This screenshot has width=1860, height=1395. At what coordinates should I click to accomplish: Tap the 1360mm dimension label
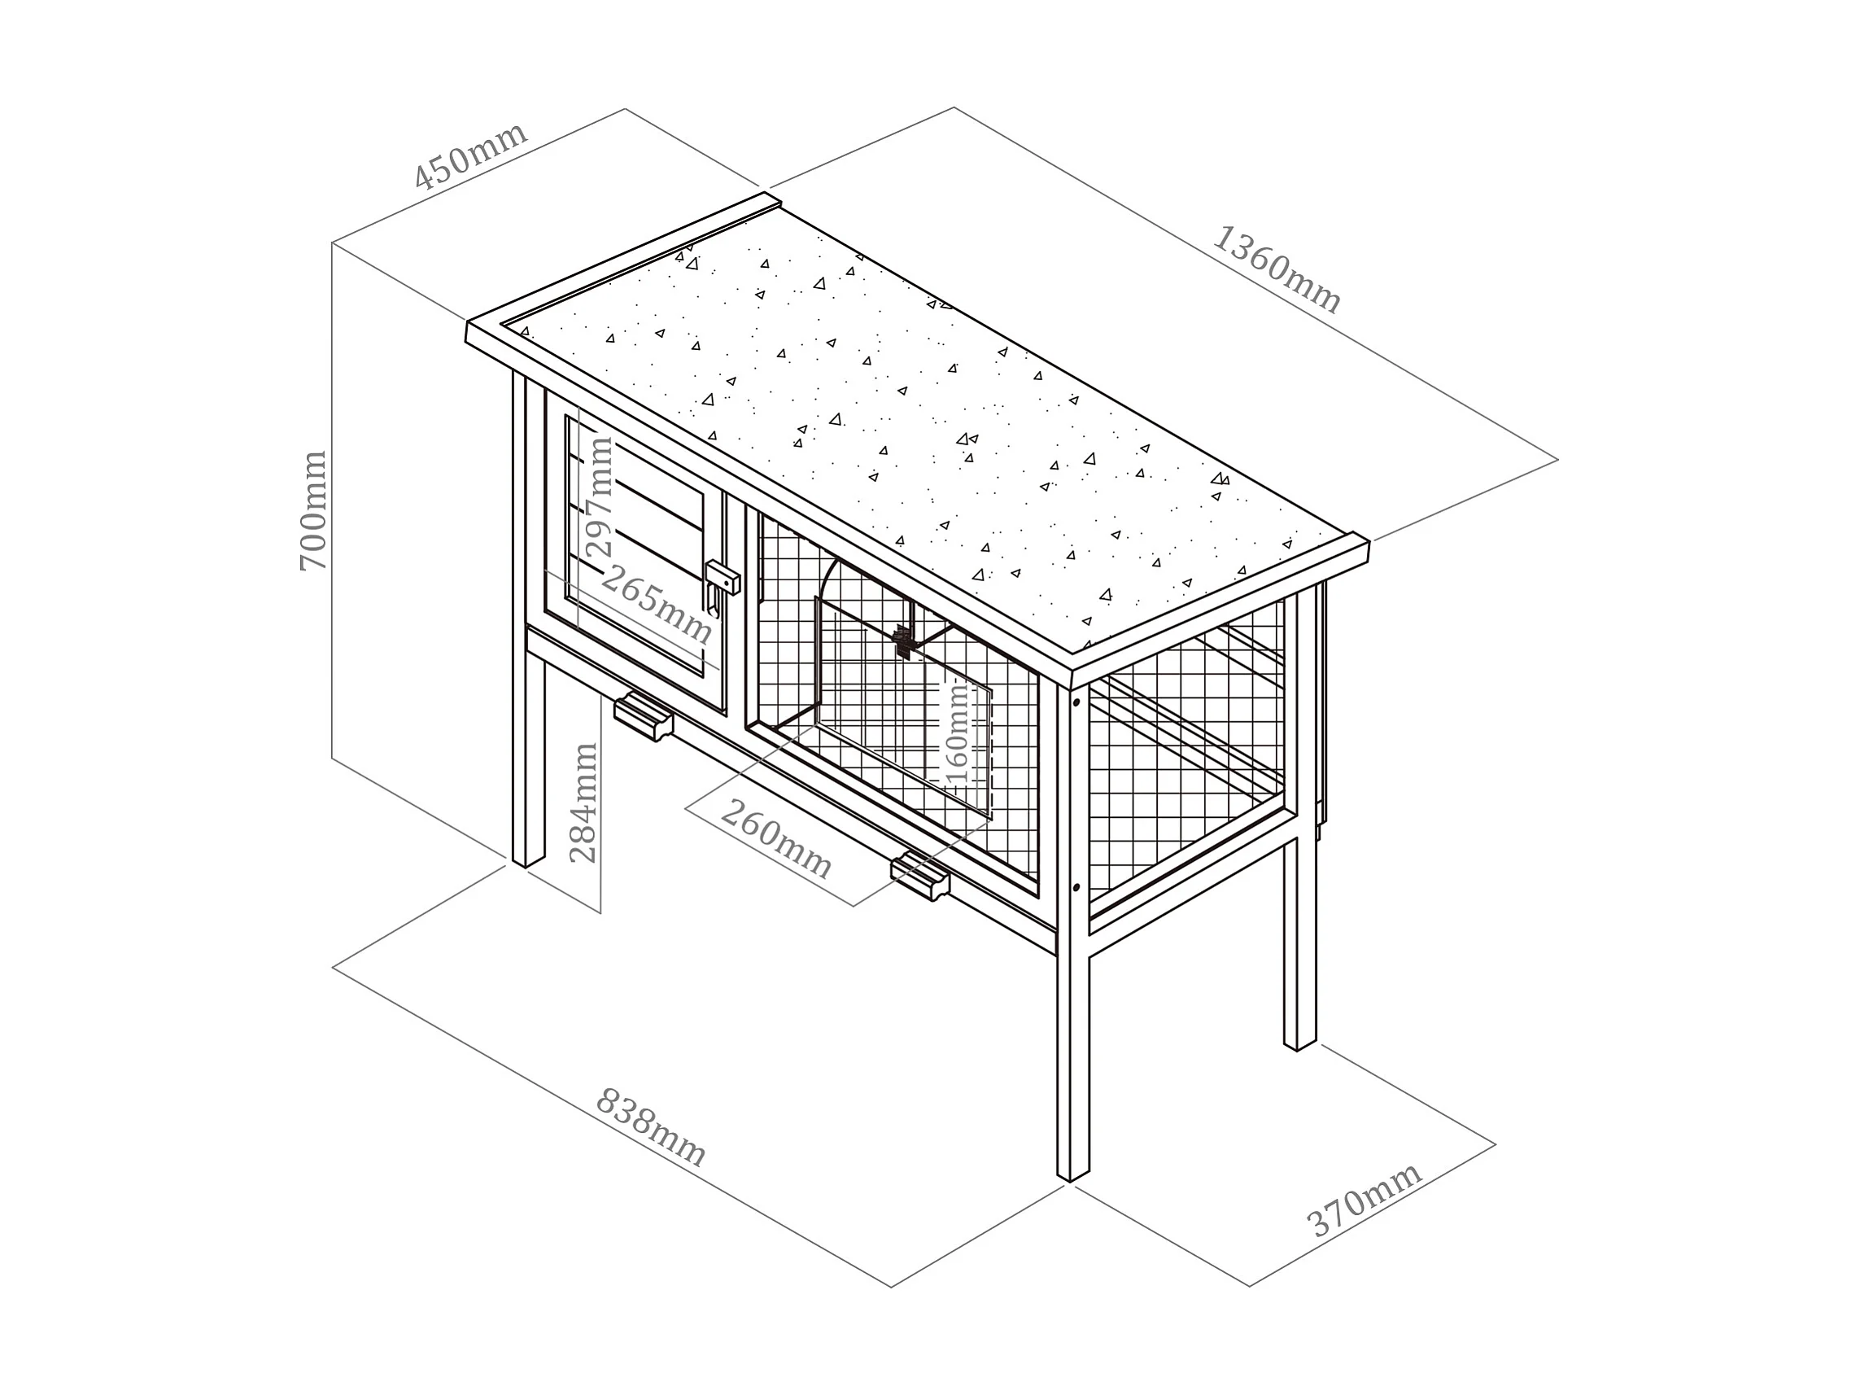click(1276, 269)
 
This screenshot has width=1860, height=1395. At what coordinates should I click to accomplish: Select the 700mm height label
click(312, 510)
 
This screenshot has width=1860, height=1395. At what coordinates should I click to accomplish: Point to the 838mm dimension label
click(650, 1127)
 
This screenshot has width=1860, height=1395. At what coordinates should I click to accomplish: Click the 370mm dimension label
click(1364, 1199)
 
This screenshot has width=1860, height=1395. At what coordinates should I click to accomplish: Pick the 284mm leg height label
click(583, 803)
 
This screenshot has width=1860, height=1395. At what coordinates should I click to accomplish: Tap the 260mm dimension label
click(775, 838)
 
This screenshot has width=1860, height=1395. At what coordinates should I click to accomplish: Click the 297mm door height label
click(600, 496)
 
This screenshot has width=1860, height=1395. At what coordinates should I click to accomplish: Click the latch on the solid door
click(722, 580)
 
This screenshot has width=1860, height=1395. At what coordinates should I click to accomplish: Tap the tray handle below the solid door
click(644, 717)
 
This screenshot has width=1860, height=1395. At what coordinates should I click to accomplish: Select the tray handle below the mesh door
click(920, 877)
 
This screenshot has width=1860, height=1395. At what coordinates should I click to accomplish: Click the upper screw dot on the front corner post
click(1076, 702)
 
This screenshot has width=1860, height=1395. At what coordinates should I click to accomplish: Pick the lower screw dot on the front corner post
click(1076, 887)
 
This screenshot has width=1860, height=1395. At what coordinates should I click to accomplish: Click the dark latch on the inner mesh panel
click(903, 641)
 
